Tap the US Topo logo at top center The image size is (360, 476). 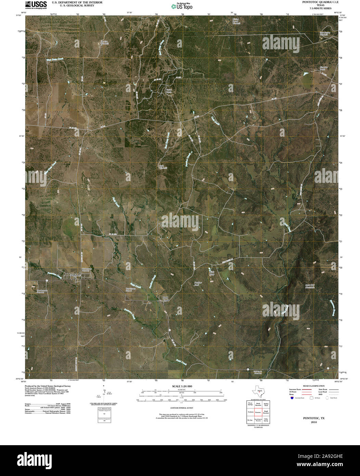pos(181,6)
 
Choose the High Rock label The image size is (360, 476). pos(212,273)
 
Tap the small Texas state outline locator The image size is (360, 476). pos(257,392)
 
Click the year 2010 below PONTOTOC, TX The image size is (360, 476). pos(314,422)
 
